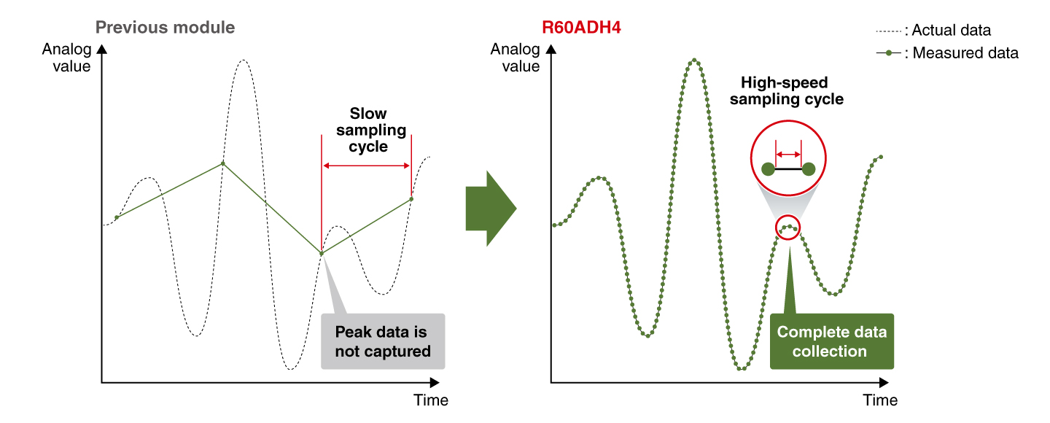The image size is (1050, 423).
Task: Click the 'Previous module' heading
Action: (x=165, y=28)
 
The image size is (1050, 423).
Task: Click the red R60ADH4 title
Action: (x=581, y=28)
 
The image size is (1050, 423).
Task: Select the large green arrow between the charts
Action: (x=491, y=208)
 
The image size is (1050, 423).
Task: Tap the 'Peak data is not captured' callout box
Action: (x=383, y=341)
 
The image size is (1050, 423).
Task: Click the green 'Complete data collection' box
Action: (x=832, y=341)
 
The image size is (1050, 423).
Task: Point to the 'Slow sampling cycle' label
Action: (x=370, y=130)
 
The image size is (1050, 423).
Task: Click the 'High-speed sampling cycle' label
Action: (x=787, y=90)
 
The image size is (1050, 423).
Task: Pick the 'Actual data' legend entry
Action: (x=933, y=31)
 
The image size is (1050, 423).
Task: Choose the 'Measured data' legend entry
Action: (x=947, y=53)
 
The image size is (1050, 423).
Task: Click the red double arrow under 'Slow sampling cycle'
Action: (x=367, y=166)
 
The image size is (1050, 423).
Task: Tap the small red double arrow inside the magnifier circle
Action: (x=788, y=155)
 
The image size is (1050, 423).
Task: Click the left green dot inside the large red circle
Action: (x=769, y=169)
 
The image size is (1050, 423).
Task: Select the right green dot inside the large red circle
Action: (x=809, y=169)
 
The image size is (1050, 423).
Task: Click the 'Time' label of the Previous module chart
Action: (x=431, y=400)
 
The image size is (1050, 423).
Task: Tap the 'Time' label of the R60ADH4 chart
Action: (x=880, y=400)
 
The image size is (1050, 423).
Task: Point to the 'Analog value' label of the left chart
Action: (x=66, y=58)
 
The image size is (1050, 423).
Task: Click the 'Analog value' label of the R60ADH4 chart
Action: (x=515, y=58)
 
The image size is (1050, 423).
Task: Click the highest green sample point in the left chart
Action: (x=223, y=163)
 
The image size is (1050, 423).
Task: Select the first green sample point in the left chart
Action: (x=117, y=217)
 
